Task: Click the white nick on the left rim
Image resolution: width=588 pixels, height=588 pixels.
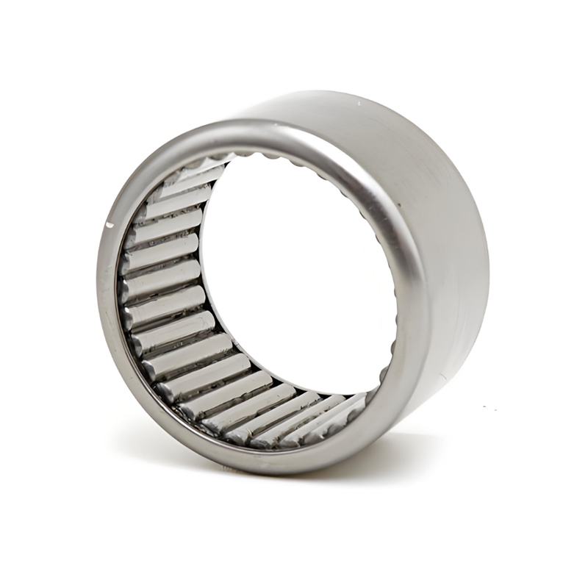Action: tap(110, 223)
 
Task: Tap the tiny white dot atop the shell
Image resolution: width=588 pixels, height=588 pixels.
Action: tap(359, 104)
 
